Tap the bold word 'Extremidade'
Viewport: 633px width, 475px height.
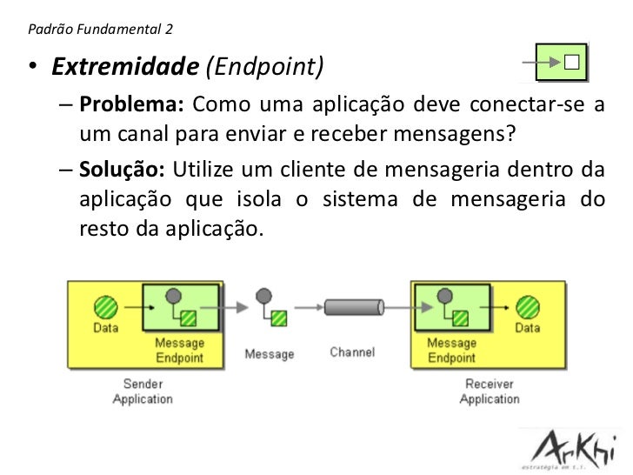point(123,66)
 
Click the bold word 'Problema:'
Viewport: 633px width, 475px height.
point(130,107)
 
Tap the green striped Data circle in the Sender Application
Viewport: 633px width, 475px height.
point(105,305)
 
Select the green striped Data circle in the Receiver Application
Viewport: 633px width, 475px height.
point(527,305)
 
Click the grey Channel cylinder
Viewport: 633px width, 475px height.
point(354,307)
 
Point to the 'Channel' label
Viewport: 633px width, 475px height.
point(352,352)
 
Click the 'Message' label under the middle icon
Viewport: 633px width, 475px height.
point(269,354)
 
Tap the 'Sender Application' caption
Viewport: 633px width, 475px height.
point(143,391)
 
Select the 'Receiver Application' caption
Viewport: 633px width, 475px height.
point(489,391)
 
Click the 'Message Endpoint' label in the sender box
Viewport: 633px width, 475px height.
point(179,350)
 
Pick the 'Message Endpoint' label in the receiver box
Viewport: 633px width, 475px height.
point(451,350)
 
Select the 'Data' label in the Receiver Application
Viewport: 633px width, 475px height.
point(527,328)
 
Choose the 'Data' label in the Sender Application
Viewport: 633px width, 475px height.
point(106,328)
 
